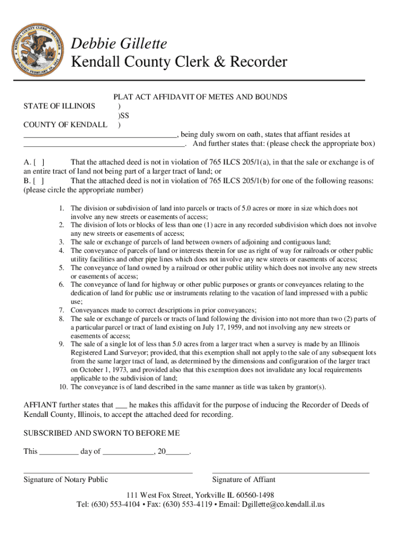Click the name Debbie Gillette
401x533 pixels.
point(119,44)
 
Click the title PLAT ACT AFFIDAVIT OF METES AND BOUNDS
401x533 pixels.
point(200,97)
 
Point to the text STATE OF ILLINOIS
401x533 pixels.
point(59,106)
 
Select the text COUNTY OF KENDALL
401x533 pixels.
point(65,125)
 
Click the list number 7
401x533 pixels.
point(61,310)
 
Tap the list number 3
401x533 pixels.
point(61,242)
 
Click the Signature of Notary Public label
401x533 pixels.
point(66,480)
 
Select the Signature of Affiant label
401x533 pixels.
point(244,480)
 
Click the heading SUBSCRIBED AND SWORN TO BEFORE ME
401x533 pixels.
point(102,433)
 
